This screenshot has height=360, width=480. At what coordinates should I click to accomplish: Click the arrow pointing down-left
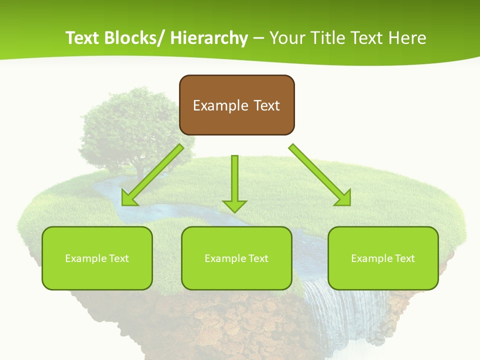tap(152, 175)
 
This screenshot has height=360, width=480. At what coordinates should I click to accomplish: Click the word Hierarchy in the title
tap(209, 38)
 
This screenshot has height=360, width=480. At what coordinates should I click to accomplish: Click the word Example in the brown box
tap(220, 105)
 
